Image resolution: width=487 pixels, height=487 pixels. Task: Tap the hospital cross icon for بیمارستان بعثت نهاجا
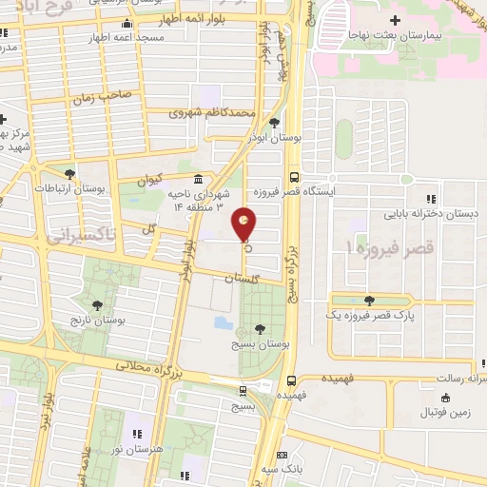(x=395, y=19)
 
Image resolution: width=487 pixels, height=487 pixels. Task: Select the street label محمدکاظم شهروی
(x=212, y=112)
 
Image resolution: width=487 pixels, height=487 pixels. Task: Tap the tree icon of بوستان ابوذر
(x=275, y=123)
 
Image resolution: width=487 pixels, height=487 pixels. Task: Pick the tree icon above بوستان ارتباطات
(x=69, y=173)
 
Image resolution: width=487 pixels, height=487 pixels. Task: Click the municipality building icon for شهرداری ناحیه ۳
(x=198, y=179)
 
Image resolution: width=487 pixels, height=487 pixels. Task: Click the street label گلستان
(x=243, y=280)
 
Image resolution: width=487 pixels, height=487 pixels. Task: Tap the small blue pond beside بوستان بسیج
(x=224, y=322)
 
